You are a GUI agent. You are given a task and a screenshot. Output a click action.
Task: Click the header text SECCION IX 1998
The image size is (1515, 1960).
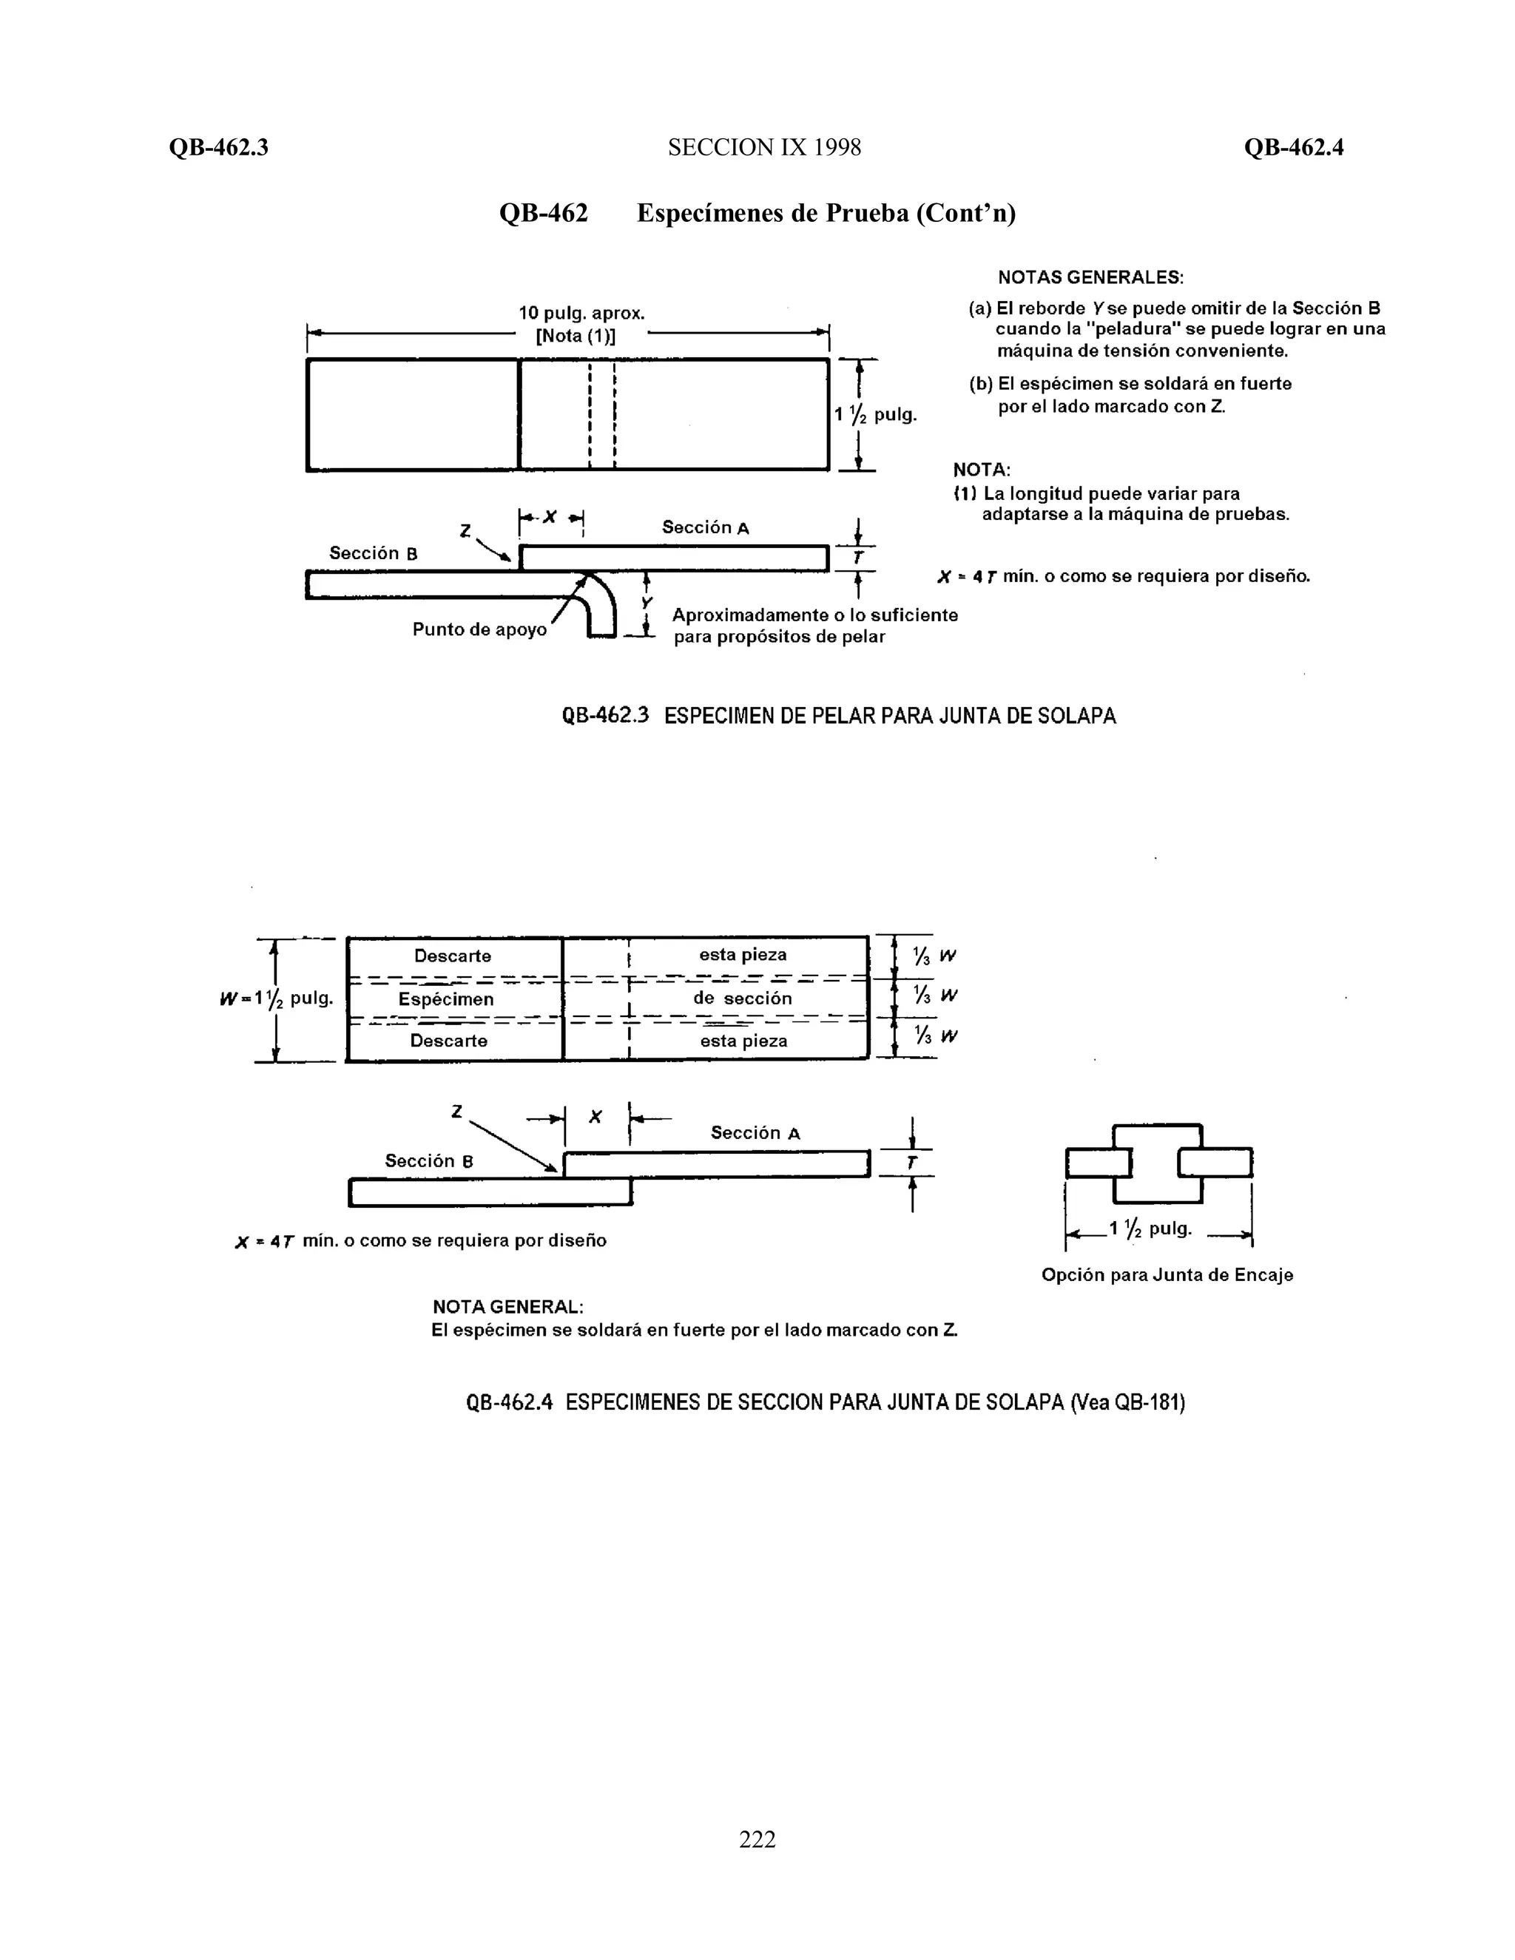coord(763,147)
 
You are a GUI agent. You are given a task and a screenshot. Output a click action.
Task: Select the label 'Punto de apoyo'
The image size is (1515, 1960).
coord(479,629)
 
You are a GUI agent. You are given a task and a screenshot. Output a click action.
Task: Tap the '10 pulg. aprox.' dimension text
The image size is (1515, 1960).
coord(581,313)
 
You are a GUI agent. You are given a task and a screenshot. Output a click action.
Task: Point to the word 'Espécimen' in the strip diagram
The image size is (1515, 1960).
coord(446,998)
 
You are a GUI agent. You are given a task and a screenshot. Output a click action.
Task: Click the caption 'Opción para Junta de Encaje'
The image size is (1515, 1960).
coord(1167,1274)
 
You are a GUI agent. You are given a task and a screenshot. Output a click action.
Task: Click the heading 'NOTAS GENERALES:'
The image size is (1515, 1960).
coord(1090,277)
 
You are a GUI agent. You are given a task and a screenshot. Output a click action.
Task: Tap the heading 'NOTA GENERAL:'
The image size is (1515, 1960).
coord(508,1307)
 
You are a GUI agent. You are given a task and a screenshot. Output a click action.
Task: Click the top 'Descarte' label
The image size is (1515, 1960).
coord(452,956)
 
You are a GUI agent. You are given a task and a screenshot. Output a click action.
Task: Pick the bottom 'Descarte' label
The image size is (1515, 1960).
coord(449,1041)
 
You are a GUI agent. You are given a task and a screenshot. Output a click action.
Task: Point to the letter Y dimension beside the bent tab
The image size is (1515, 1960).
coord(647,602)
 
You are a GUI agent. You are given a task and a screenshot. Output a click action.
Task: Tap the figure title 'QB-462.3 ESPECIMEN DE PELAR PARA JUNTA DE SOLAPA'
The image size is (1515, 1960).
coord(838,716)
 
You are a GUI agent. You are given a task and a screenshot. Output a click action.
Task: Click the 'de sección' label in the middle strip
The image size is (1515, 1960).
coord(742,998)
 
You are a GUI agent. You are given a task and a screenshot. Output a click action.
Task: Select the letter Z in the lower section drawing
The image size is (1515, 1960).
coord(457,1112)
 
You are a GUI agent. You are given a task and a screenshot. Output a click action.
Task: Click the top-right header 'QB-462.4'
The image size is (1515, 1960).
coord(1293,147)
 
